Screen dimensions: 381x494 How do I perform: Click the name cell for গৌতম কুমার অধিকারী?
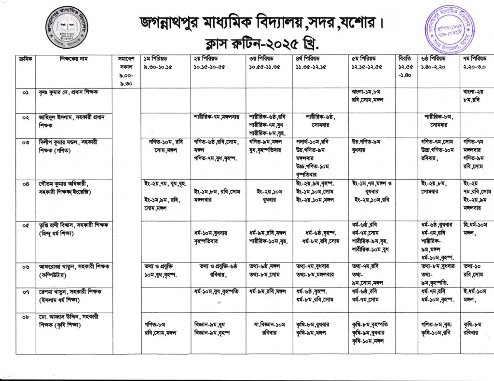point(70,188)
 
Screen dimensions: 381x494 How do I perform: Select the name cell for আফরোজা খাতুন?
point(70,270)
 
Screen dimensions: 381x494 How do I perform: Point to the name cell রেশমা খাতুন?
point(70,295)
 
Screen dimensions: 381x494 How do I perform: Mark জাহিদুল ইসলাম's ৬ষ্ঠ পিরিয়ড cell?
point(439,120)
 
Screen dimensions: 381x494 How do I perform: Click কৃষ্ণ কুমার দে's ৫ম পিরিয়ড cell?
point(371,96)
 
